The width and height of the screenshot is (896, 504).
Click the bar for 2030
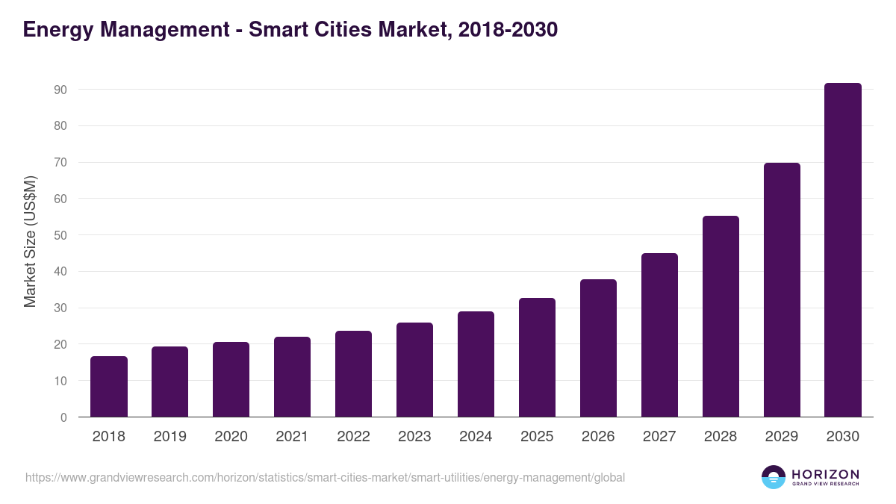[x=843, y=250]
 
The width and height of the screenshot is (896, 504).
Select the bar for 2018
[x=109, y=387]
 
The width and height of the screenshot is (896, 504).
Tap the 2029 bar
[x=782, y=290]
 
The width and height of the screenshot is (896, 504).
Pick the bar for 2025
[x=537, y=358]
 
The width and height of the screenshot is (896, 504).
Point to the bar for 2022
[x=353, y=374]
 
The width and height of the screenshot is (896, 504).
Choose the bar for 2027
[x=659, y=335]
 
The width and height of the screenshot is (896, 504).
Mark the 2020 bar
[x=231, y=379]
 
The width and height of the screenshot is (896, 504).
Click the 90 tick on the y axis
[x=60, y=90]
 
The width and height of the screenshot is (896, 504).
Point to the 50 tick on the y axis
[x=60, y=235]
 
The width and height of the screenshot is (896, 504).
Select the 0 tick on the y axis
[x=63, y=417]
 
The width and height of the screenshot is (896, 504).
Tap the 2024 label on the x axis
[x=476, y=437]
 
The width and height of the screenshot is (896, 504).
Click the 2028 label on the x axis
[x=721, y=437]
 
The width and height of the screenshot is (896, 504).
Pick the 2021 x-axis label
[x=292, y=437]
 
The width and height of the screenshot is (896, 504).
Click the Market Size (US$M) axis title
[x=30, y=242]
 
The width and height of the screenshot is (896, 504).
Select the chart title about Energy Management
[x=290, y=30]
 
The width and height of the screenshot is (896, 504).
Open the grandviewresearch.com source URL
[x=325, y=478]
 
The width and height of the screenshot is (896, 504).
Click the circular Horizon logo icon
[x=773, y=477]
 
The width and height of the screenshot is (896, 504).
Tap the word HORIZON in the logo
[x=825, y=473]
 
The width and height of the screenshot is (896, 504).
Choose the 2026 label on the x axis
[x=598, y=437]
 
